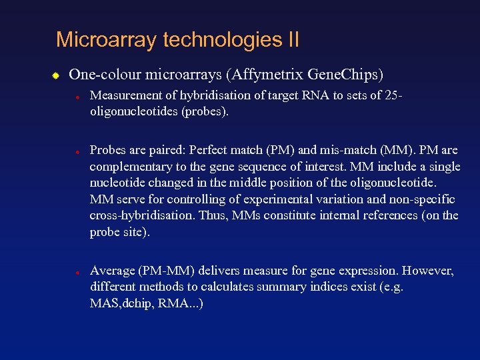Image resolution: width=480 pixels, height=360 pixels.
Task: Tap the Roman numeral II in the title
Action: (293, 40)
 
